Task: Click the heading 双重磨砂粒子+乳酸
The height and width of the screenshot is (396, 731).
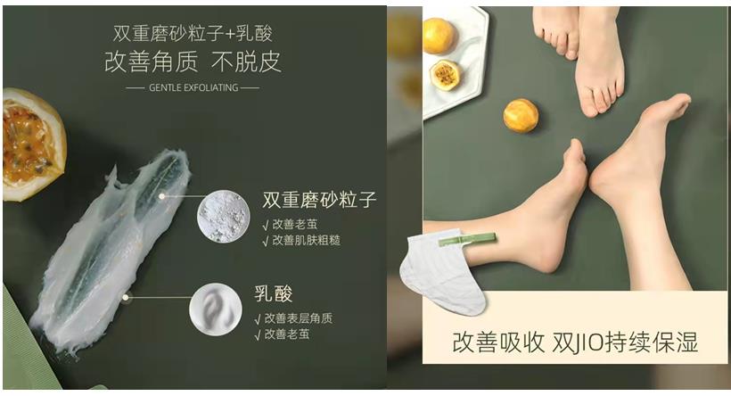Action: pyautogui.click(x=193, y=33)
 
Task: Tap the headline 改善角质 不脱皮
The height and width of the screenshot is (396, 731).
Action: pyautogui.click(x=193, y=62)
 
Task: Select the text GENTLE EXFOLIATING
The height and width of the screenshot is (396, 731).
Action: pyautogui.click(x=193, y=88)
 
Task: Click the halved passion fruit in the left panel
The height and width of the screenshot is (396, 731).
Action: pyautogui.click(x=31, y=143)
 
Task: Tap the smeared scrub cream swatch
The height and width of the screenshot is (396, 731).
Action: pyautogui.click(x=107, y=236)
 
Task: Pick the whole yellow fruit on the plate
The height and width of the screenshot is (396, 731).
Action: pyautogui.click(x=439, y=35)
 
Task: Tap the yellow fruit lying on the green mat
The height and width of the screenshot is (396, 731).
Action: pyautogui.click(x=521, y=116)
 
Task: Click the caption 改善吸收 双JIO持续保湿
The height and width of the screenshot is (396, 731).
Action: pyautogui.click(x=575, y=342)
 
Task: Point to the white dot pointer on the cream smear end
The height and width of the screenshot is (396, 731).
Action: pyautogui.click(x=127, y=298)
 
